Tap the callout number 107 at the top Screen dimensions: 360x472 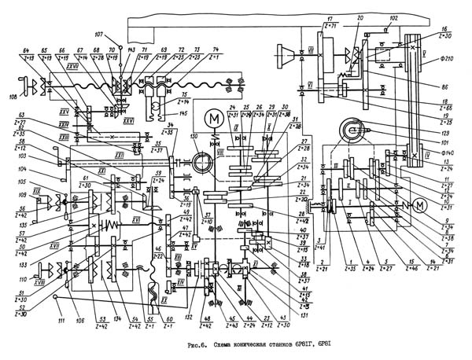(98, 34)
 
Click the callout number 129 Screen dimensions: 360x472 (448, 134)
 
